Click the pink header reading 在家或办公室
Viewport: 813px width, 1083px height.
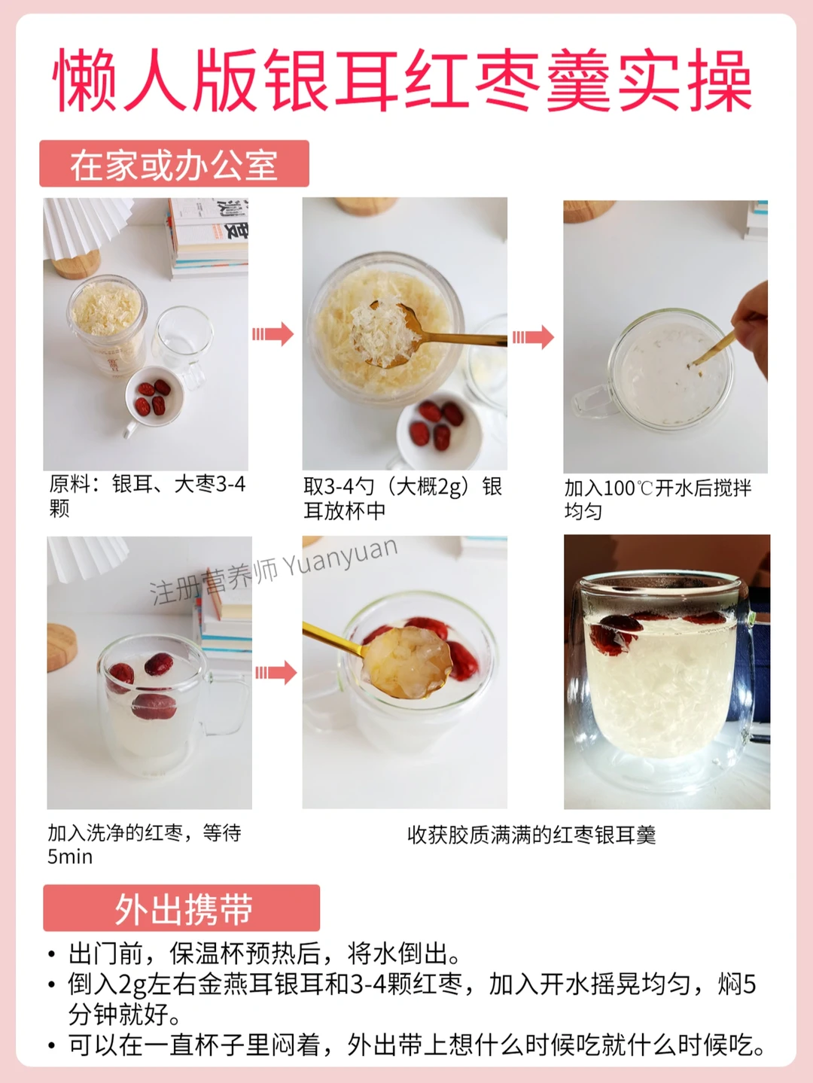tap(174, 163)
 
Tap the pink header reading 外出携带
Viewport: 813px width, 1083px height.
tap(181, 908)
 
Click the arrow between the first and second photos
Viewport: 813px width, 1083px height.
tap(273, 334)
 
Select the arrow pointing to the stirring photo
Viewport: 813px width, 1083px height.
tap(533, 337)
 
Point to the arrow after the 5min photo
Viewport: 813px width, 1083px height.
tap(276, 673)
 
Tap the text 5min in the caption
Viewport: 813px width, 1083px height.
tap(70, 856)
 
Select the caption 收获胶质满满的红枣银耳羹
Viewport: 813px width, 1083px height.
tap(531, 835)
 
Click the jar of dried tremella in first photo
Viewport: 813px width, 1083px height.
tap(108, 326)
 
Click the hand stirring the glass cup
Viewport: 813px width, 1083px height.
tap(750, 326)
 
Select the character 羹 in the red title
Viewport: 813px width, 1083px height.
tap(578, 80)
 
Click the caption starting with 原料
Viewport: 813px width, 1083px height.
tap(147, 496)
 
